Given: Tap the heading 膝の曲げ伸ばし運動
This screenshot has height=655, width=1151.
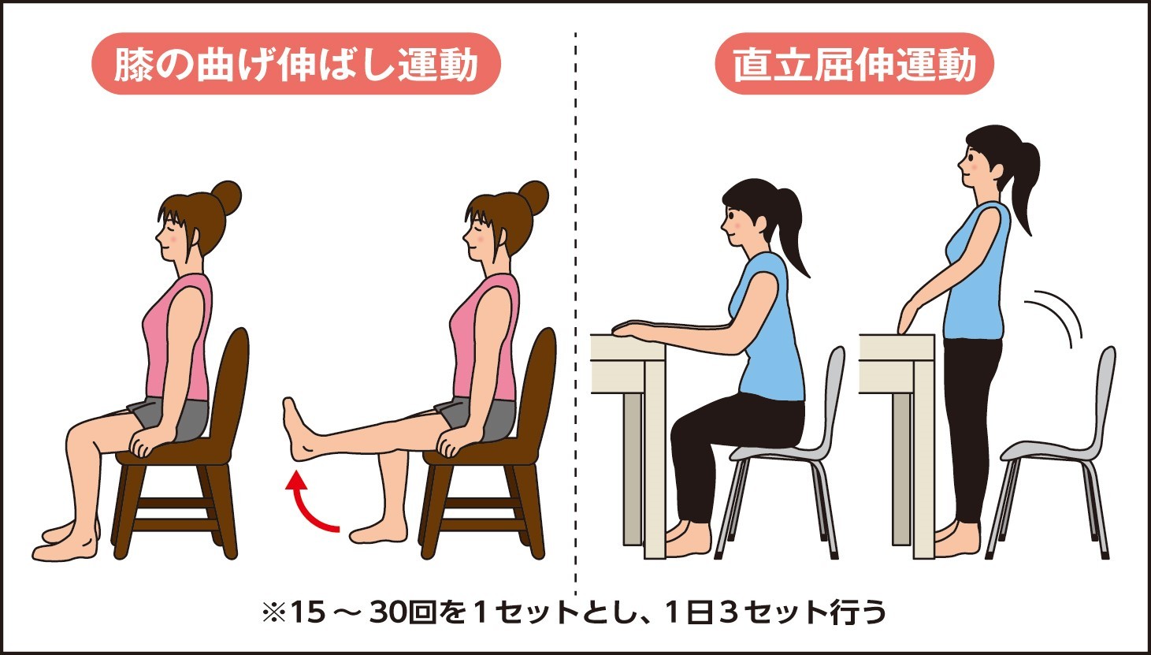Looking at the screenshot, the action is coord(296,65).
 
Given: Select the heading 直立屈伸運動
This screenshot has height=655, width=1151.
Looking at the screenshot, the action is coord(854,65).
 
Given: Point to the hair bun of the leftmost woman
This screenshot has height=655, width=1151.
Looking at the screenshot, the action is coord(227,197).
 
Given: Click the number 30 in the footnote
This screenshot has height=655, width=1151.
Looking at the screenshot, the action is coord(386,612).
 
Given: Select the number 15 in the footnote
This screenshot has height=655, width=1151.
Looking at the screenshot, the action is coord(308,612).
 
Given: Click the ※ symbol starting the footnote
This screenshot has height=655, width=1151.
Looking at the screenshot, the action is coord(274,612).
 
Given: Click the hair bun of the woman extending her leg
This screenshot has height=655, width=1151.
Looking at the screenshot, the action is coord(534,197).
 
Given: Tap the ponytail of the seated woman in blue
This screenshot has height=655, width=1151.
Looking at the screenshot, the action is coord(791,232).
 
